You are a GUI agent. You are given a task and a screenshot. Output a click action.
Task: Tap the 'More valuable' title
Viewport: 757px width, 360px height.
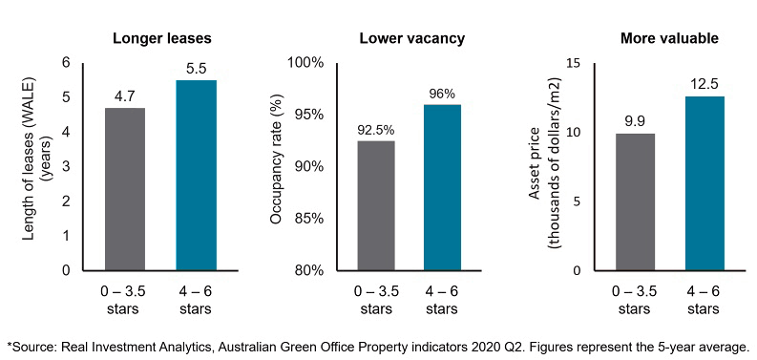coord(670,39)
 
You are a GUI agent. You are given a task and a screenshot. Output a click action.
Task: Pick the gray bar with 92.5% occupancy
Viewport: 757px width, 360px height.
coord(374,205)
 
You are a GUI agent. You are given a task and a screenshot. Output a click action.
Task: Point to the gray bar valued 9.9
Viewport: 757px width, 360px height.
coord(635,201)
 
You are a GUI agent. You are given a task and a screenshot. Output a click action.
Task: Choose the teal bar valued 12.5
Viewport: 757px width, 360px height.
coord(704,182)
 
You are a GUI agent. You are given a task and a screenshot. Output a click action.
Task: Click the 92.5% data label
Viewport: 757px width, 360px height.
coord(374,128)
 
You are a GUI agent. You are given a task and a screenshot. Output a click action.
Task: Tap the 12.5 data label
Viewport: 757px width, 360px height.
coord(704,83)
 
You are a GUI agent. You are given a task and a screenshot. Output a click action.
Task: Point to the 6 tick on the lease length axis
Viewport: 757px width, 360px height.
coord(66,63)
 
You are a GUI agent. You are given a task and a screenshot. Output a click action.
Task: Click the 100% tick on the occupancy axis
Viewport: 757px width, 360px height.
coord(305,63)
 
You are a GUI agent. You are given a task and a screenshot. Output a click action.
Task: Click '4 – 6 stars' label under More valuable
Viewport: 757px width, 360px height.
coord(704,299)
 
